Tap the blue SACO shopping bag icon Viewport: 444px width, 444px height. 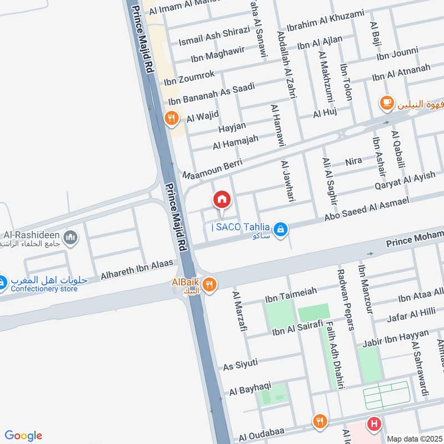click(x=281, y=229)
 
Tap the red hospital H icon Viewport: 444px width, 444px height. click(x=375, y=425)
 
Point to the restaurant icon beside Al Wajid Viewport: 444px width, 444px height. click(x=171, y=118)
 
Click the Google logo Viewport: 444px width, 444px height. click(x=23, y=436)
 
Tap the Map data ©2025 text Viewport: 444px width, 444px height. click(x=414, y=438)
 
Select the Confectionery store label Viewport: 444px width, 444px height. click(x=42, y=289)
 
